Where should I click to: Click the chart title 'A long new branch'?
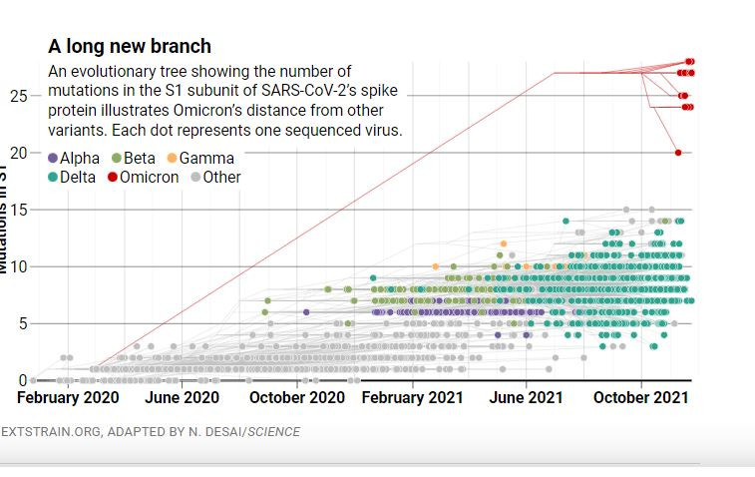coord(130,47)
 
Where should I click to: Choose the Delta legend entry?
coord(72,177)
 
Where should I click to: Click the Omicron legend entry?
coord(142,177)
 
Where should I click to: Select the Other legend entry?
coord(214,177)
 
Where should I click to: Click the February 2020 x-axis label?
coord(68,397)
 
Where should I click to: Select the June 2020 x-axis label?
coord(182,397)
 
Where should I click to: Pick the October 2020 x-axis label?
coord(296,397)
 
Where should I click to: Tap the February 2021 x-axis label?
coord(412,397)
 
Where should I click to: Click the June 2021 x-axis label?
coord(526,397)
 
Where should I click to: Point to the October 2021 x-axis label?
coord(640,397)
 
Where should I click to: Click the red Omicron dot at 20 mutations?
coord(678,153)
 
